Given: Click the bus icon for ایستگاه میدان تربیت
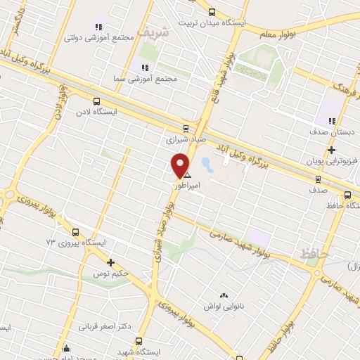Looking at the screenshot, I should pyautogui.click(x=212, y=11).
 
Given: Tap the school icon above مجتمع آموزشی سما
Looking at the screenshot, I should pyautogui.click(x=145, y=67).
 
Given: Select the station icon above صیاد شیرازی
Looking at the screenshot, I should pyautogui.click(x=186, y=128).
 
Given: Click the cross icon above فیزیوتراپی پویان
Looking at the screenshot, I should pyautogui.click(x=330, y=150).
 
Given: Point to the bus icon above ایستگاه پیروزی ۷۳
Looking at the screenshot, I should pyautogui.click(x=75, y=231).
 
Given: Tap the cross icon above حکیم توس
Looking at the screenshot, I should pyautogui.click(x=110, y=262).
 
